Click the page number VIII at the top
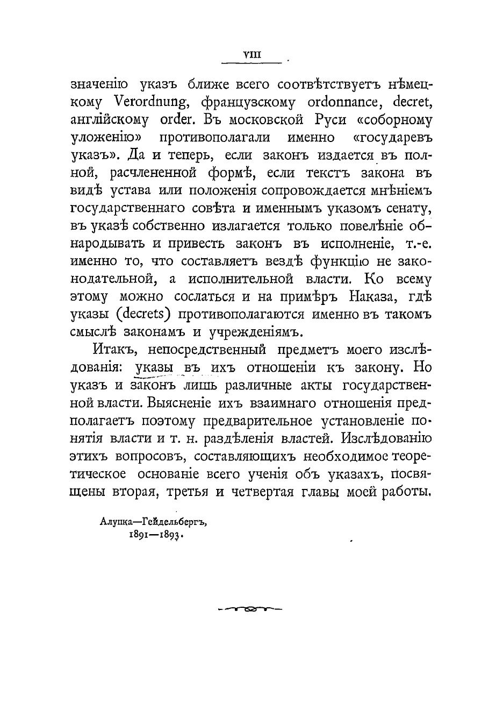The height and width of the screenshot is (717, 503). click(x=252, y=54)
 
